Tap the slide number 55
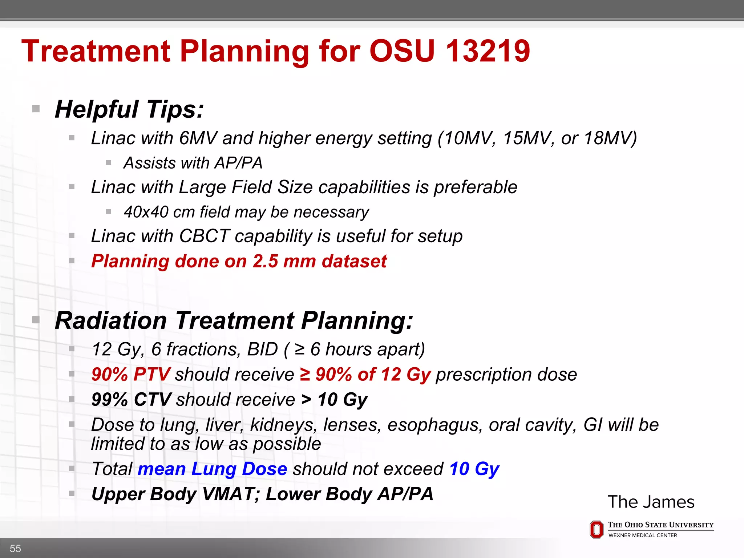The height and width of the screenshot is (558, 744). (x=15, y=548)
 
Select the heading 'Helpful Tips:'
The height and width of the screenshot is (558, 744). (x=129, y=109)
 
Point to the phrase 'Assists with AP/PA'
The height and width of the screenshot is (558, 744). (x=193, y=163)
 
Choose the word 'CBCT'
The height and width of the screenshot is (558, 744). (x=204, y=236)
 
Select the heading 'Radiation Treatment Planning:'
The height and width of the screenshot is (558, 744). (x=234, y=321)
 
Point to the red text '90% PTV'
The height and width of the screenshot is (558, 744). (x=130, y=375)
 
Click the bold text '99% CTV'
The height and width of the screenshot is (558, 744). (x=131, y=400)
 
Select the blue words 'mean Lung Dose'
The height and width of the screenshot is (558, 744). (x=213, y=469)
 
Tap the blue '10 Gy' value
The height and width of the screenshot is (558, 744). (x=474, y=469)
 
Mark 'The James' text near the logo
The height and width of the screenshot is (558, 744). (x=651, y=502)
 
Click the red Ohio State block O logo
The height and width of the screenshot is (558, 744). (x=596, y=530)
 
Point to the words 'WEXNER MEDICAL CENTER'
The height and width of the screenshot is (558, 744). (x=643, y=535)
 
